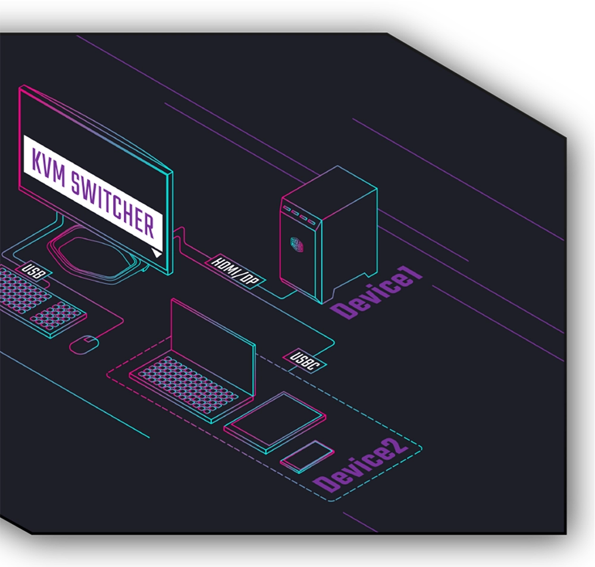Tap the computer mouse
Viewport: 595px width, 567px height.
click(x=84, y=344)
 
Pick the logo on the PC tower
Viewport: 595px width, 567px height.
click(x=296, y=244)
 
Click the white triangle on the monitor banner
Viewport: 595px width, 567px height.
click(x=156, y=253)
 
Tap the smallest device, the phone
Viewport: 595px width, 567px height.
click(x=307, y=456)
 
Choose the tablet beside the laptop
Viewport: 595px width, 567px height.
click(x=275, y=420)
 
